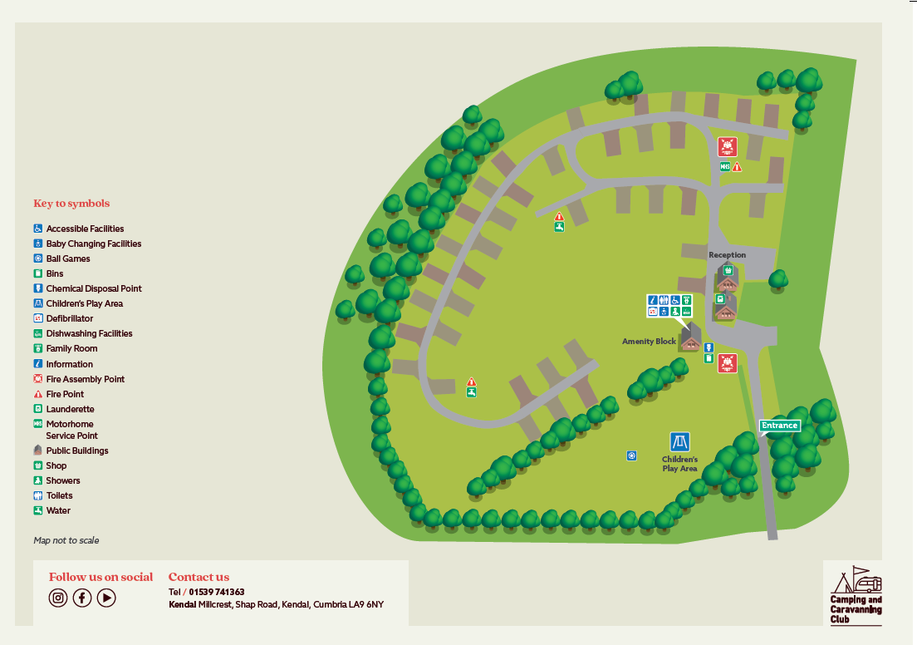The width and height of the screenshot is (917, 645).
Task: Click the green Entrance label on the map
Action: tap(779, 426)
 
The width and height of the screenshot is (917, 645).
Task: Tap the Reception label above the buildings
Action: tap(727, 255)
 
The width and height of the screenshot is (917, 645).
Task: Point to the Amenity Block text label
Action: tap(649, 342)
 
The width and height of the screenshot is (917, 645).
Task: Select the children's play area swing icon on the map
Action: tap(679, 441)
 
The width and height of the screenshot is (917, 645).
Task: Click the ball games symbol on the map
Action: tap(631, 455)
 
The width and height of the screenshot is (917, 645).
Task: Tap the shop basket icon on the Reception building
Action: tap(728, 270)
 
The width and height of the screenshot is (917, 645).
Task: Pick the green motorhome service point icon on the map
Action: tap(724, 167)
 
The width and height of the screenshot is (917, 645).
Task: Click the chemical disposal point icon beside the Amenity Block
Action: tap(709, 347)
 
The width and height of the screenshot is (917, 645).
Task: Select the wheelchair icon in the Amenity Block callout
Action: tap(675, 300)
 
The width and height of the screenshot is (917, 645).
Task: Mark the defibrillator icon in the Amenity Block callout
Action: tap(653, 311)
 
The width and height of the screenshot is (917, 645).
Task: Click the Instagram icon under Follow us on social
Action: tap(57, 598)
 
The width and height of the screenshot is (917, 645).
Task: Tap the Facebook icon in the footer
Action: tap(81, 598)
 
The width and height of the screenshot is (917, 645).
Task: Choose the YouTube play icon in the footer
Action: tap(106, 598)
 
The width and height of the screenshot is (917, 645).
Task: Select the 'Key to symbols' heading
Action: tap(71, 204)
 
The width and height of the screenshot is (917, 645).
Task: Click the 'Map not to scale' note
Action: tap(66, 540)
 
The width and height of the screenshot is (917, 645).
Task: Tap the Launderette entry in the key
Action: tap(70, 409)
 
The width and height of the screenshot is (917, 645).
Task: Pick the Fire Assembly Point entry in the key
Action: tap(85, 379)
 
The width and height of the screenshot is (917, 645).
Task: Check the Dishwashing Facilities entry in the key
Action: tap(89, 333)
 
